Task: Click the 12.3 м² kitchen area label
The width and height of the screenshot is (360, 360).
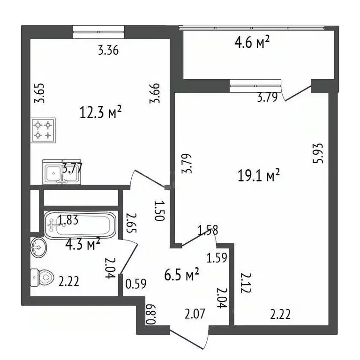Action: pos(101,112)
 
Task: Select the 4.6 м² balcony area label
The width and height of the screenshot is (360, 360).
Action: pos(252,44)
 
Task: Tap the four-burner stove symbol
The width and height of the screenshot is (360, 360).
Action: pos(43,130)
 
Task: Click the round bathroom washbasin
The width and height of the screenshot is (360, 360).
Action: pos(37,247)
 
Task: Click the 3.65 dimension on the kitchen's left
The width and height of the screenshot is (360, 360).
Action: pos(42,93)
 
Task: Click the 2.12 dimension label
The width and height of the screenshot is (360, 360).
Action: pos(244,283)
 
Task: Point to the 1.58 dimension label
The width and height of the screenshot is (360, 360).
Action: pos(208,230)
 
